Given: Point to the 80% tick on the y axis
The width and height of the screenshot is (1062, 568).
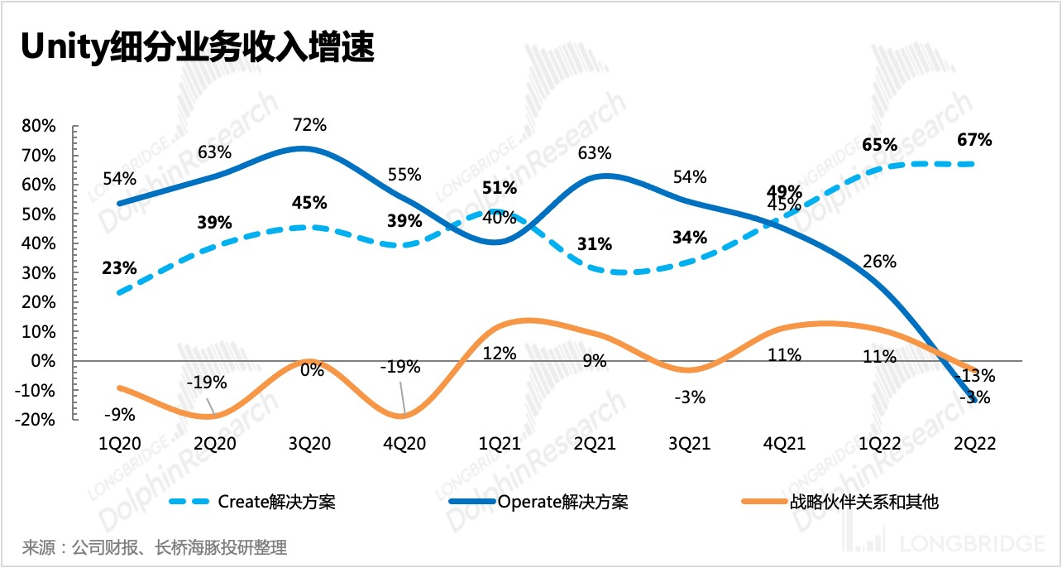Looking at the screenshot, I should tap(39, 127).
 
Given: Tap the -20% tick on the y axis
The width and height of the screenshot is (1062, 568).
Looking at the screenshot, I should tap(36, 420).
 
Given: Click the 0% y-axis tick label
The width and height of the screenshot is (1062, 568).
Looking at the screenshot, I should tap(44, 361).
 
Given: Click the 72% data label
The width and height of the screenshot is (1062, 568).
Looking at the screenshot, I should tap(310, 125).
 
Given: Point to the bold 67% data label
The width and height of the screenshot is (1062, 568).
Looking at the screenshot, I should tap(974, 140).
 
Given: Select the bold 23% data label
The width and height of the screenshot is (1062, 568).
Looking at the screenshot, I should tap(120, 268).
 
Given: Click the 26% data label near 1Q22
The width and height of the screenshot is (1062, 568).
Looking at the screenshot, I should tap(879, 262).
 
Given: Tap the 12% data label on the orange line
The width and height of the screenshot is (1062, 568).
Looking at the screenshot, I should tap(500, 354).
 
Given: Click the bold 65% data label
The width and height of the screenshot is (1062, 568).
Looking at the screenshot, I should tap(879, 145).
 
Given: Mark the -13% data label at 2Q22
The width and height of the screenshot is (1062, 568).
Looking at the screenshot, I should tap(978, 375).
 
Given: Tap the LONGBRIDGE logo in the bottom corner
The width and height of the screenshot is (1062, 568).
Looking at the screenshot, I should tap(964, 543).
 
